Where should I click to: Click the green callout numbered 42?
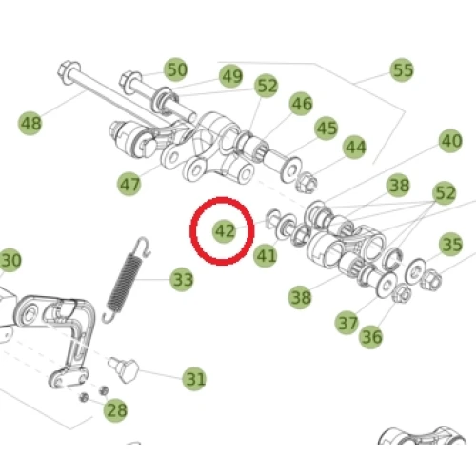coord(225,231)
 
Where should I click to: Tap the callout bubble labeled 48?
coord(30,123)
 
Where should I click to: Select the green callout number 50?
coord(176,69)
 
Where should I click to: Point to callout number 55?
coord(402,69)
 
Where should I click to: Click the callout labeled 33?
coord(182,280)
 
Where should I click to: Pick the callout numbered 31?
coord(194,379)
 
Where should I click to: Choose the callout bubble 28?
coord(116,410)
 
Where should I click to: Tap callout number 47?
coord(129,184)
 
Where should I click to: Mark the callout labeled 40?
coord(450,141)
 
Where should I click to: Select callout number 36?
coord(370,336)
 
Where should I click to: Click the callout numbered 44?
coord(355,148)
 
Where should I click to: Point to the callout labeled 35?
coord(451,245)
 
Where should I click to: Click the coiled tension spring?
coord(126,280)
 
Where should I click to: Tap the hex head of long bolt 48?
coord(69,72)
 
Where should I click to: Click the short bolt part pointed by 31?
coord(124,369)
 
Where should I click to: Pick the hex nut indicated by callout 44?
coord(307,183)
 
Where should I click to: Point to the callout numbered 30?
coord(10,260)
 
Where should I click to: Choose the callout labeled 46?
coord(301,104)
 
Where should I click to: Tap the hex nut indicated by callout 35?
coord(430,279)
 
